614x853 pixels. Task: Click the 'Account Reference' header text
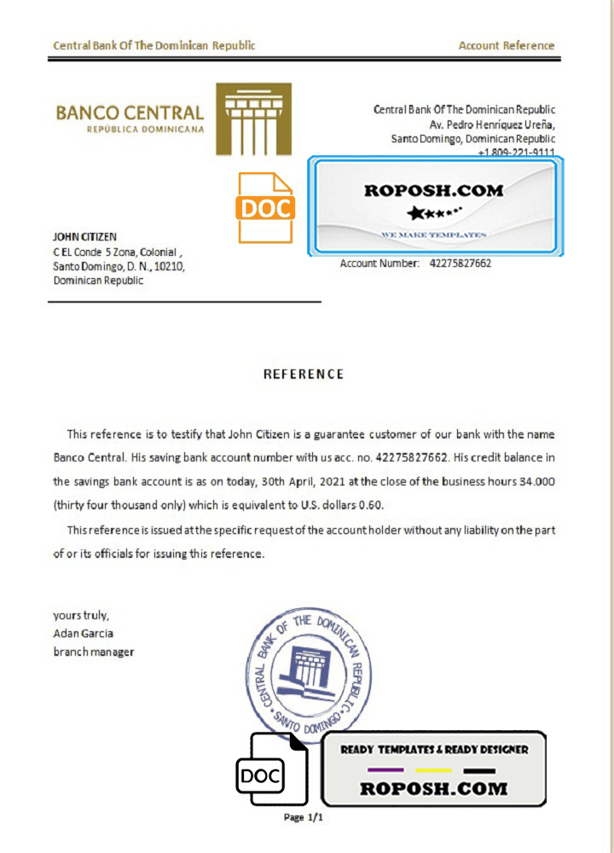tap(506, 46)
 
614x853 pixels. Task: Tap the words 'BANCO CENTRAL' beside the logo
tap(130, 113)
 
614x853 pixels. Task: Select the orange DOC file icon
tap(265, 207)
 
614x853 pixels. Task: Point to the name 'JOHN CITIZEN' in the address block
tap(85, 236)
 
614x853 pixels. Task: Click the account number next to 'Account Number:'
tap(460, 264)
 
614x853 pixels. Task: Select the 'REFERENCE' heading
tap(304, 374)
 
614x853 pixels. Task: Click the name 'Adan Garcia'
tap(83, 633)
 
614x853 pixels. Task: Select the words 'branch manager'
tap(93, 652)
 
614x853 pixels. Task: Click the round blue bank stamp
tap(310, 666)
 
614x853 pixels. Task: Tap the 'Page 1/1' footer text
tap(304, 817)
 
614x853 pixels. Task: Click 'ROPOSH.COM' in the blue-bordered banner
tap(433, 191)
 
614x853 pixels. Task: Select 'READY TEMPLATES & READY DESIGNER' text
tap(434, 750)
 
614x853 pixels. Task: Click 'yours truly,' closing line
tap(80, 615)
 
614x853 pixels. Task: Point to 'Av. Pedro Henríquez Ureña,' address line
tap(492, 125)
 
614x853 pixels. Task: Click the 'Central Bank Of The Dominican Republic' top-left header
tap(153, 46)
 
